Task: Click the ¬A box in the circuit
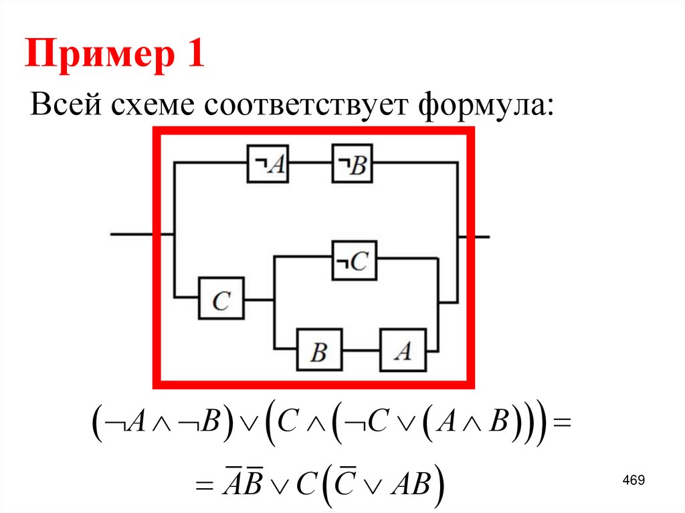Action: [268, 163]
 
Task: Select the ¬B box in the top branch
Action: [353, 163]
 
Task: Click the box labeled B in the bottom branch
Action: [320, 350]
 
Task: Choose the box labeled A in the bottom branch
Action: [403, 350]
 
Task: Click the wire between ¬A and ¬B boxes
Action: [310, 163]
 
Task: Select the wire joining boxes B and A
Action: [361, 350]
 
